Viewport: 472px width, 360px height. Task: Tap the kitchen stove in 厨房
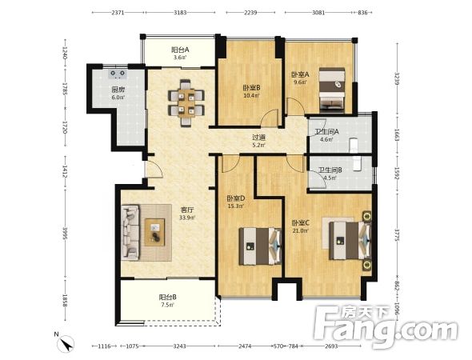118,74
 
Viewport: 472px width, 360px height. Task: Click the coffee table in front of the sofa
155,232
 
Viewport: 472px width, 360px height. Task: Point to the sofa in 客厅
130,232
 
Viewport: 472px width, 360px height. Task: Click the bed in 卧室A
332,90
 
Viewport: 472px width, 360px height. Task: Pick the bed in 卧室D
260,246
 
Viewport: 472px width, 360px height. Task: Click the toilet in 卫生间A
353,146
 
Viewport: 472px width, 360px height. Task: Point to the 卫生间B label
330,170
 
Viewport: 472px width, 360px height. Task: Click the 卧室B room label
252,87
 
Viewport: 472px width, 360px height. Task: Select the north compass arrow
66,343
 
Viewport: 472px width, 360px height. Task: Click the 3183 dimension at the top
180,12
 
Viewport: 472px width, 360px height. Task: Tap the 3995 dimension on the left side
65,233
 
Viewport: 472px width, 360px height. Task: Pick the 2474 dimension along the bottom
245,346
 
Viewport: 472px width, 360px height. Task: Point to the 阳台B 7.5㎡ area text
168,301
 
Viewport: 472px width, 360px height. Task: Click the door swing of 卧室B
269,118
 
